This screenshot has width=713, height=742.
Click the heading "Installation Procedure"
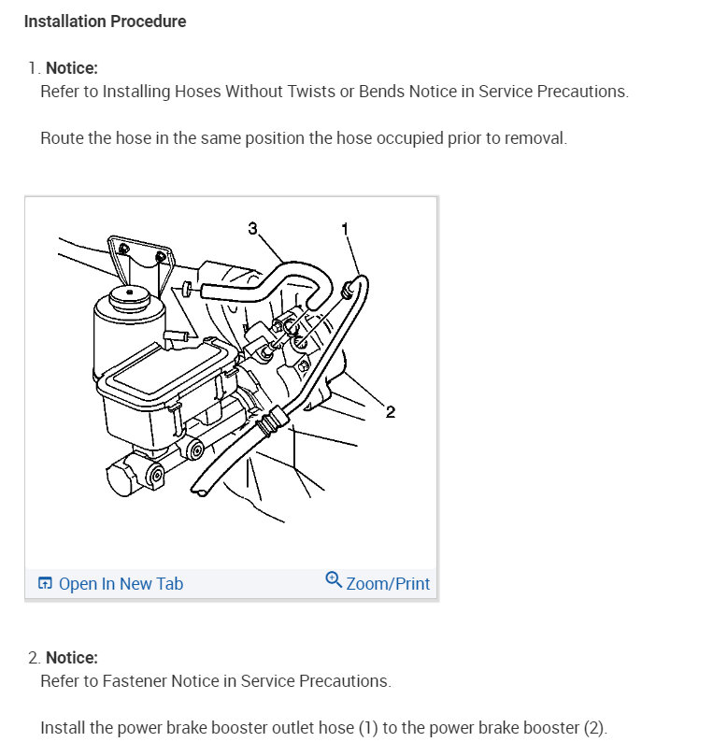tap(105, 21)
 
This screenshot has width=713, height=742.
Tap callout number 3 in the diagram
tap(252, 228)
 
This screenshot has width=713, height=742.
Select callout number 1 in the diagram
tap(345, 228)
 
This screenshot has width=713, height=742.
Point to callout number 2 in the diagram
tap(390, 413)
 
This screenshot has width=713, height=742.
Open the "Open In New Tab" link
tap(121, 584)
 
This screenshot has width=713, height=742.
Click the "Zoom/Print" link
tap(388, 584)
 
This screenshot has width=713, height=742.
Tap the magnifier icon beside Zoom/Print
tap(334, 580)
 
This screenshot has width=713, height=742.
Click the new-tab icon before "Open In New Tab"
tap(45, 584)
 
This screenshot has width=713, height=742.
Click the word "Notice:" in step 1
tap(72, 67)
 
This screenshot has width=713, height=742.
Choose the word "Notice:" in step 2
tap(72, 658)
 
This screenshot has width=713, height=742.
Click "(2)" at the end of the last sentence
tap(594, 728)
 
